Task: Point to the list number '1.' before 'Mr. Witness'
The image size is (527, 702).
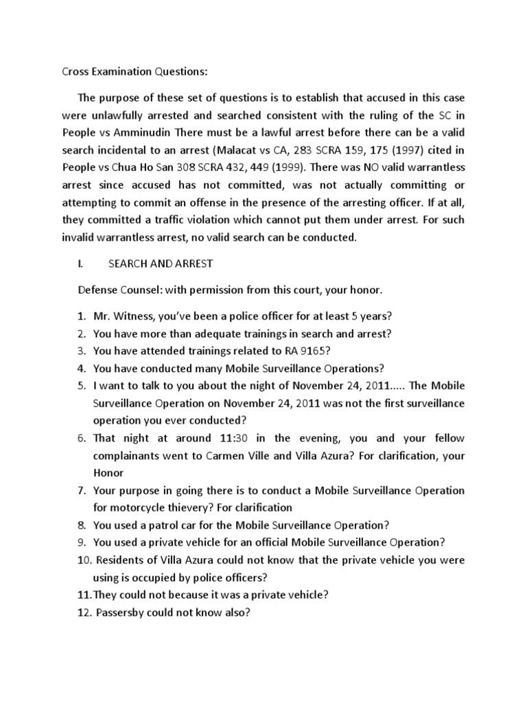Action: (81, 316)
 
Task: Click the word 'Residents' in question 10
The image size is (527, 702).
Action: (118, 560)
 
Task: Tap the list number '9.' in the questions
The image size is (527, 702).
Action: (81, 542)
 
